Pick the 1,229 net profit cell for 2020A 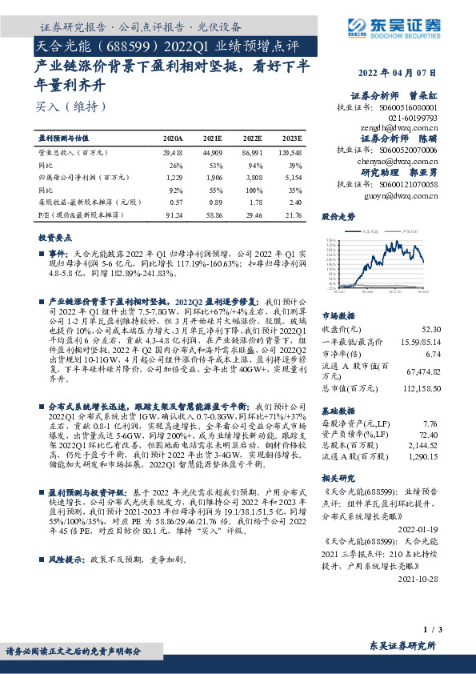coord(174,179)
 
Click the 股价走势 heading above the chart coord(338,217)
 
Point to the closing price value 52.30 coord(451,329)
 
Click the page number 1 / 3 coord(453,630)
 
